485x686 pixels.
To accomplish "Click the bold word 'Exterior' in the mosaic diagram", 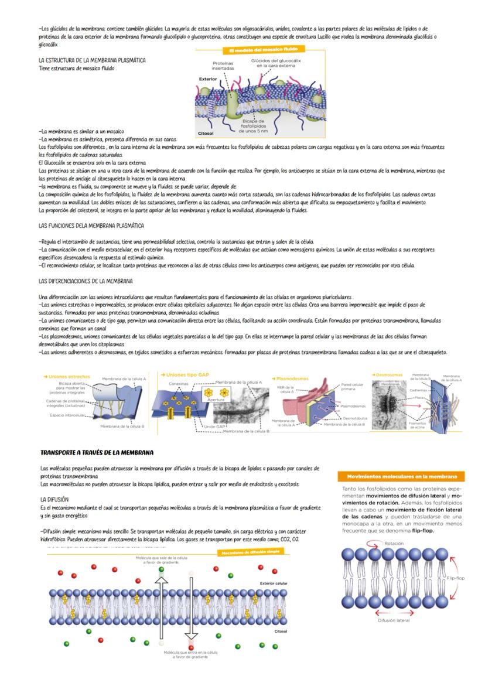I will tap(209, 78).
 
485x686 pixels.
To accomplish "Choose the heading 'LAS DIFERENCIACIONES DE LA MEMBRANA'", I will tap(86, 281).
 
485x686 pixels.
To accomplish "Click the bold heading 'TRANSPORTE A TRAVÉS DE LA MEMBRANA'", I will tap(97, 453).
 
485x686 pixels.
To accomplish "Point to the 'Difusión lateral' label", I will tap(394, 620).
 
